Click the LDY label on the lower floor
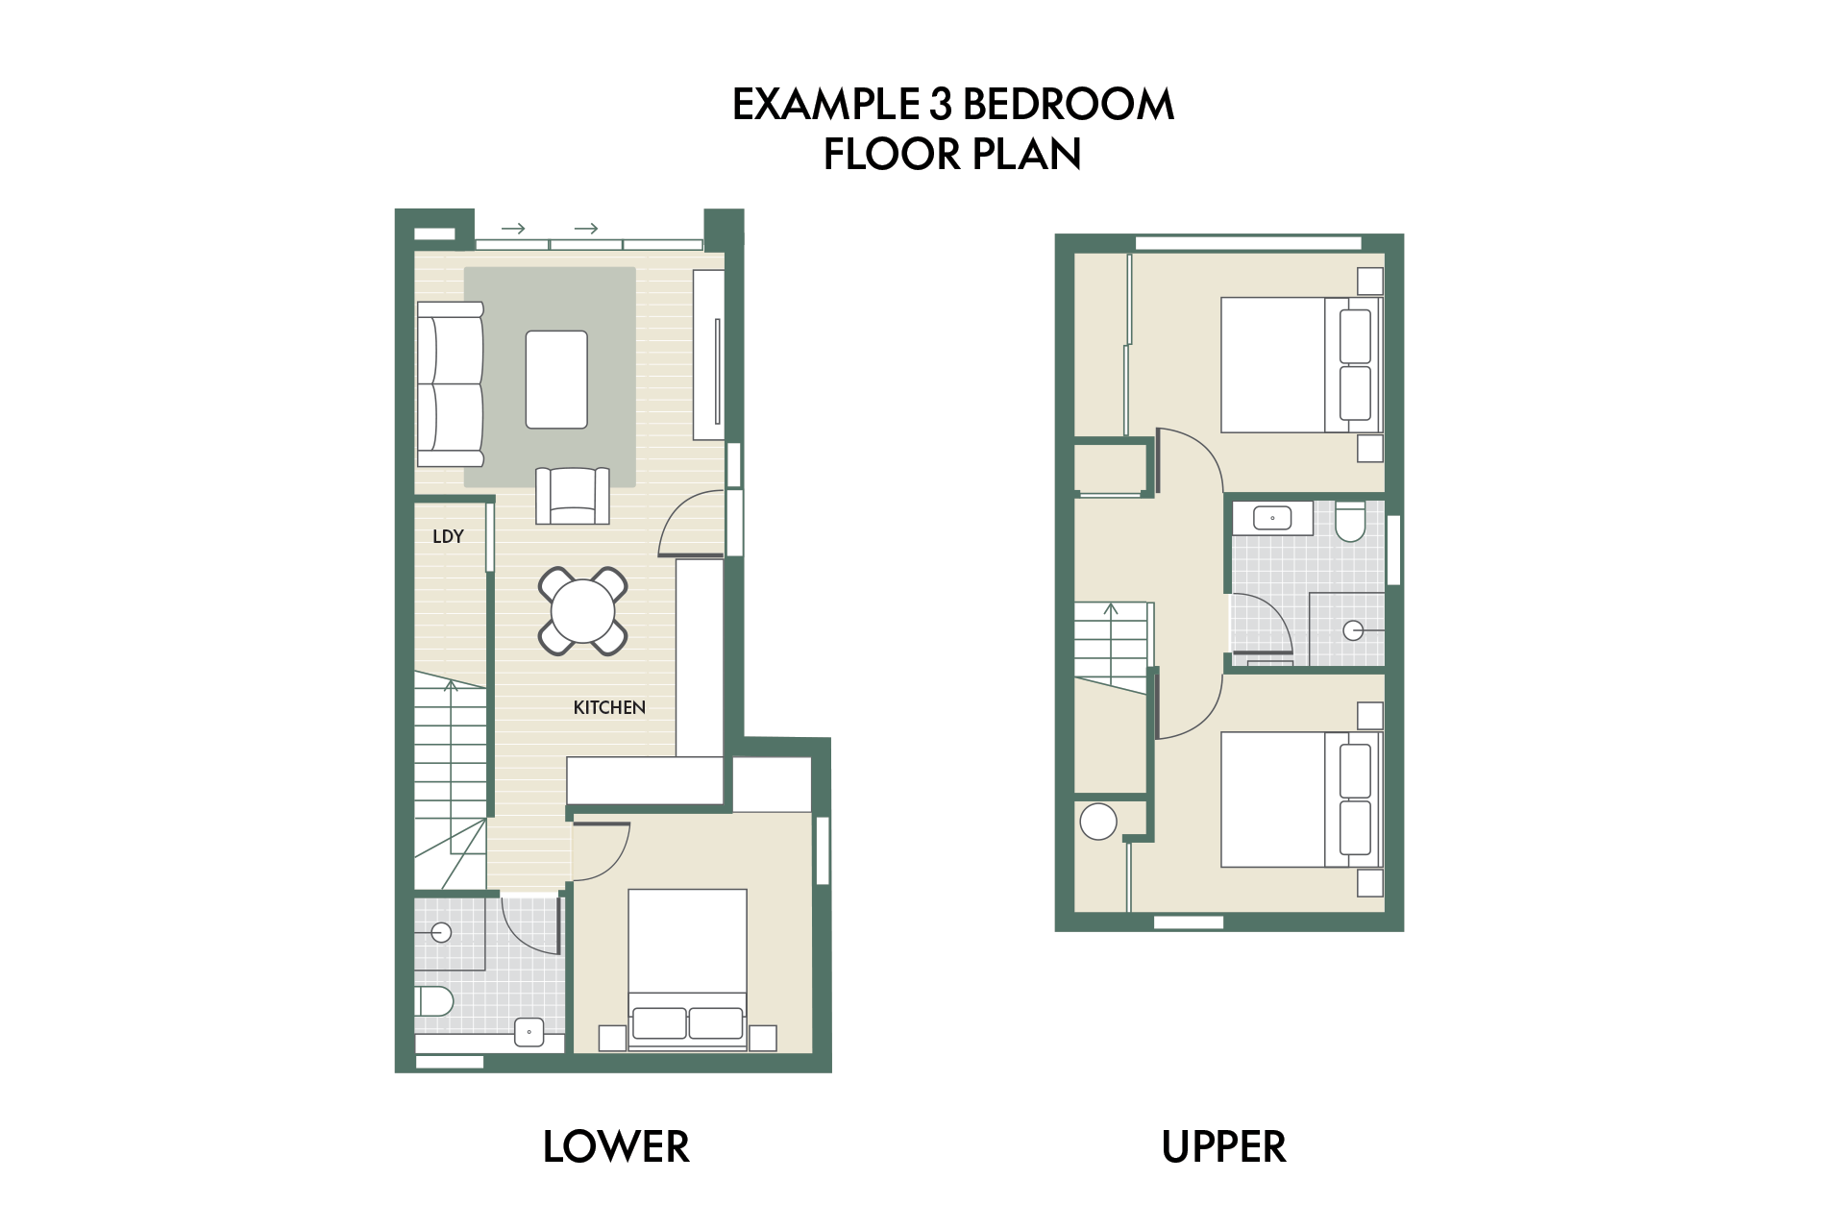[x=448, y=536]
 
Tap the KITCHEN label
[x=609, y=707]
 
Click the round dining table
[x=582, y=610]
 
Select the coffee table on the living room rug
[x=556, y=380]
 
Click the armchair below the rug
[x=573, y=496]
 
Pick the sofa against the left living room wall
[x=450, y=383]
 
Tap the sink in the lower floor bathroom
[x=529, y=1032]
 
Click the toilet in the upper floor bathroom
[x=1350, y=520]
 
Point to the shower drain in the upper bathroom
[x=1353, y=630]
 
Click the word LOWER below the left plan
[x=616, y=1146]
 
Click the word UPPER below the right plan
[x=1223, y=1146]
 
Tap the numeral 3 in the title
[x=939, y=104]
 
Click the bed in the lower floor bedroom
[x=687, y=970]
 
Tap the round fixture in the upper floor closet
[x=1098, y=822]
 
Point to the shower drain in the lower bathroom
[x=441, y=932]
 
